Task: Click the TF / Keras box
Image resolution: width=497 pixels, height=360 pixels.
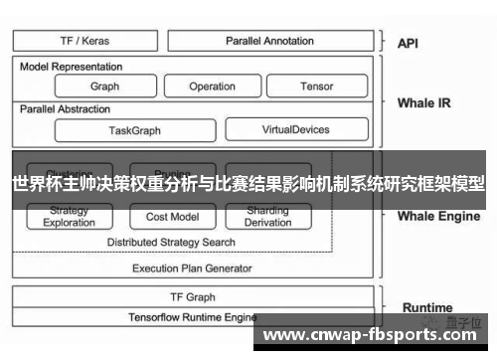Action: point(85,41)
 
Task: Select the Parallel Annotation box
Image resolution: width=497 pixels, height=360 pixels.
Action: point(269,41)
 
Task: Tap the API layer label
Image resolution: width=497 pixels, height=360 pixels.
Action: point(408,44)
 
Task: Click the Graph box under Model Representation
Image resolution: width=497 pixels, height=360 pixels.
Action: point(104,87)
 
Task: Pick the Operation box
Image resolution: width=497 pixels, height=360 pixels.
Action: point(212,87)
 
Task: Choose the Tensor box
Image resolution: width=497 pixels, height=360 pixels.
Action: point(316,87)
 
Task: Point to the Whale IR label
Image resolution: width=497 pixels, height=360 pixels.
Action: point(423,102)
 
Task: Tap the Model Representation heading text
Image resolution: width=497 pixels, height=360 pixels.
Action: point(72,67)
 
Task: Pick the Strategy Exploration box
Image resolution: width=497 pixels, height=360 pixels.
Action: point(70,217)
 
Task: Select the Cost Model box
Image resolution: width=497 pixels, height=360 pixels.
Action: point(172,217)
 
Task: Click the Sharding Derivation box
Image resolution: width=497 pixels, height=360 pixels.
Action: point(267,217)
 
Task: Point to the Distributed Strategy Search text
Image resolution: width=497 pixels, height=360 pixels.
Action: point(171,242)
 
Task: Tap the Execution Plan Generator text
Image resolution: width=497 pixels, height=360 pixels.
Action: point(192,268)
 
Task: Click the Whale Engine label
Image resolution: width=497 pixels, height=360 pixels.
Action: point(438,216)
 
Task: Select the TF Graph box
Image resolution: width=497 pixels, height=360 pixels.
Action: point(193,296)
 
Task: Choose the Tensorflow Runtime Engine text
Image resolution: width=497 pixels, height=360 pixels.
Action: point(193,317)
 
